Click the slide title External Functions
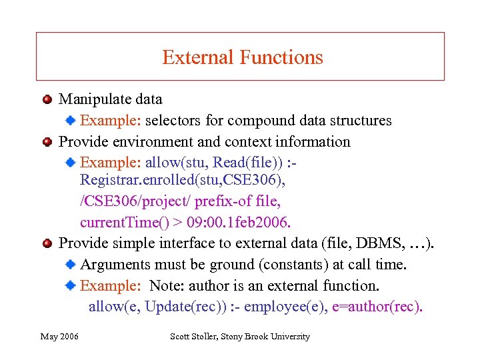242,57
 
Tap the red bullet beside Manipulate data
47,99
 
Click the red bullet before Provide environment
47,142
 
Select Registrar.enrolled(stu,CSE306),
174,179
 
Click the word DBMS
377,243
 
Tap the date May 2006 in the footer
59,337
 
